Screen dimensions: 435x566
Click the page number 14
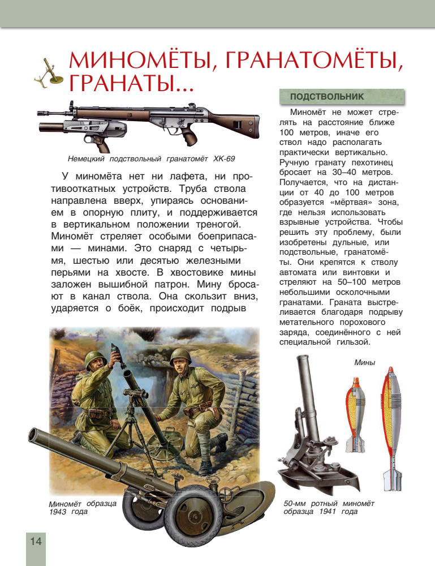tap(36, 541)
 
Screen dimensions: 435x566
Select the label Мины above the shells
tap(364, 362)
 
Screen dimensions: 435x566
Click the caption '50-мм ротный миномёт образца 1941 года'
tap(328, 508)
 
